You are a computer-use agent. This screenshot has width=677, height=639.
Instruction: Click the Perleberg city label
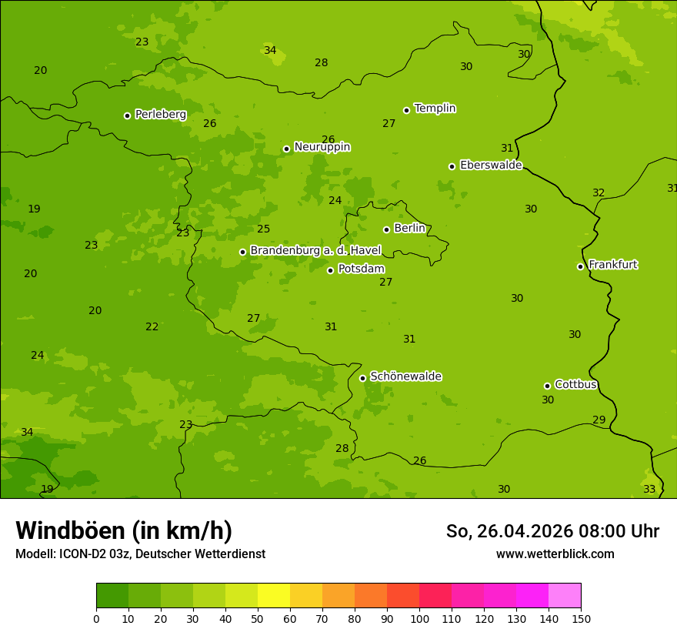click(x=160, y=115)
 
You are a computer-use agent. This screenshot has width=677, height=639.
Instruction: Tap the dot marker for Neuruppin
click(x=286, y=149)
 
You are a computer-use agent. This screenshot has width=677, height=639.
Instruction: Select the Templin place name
click(x=435, y=109)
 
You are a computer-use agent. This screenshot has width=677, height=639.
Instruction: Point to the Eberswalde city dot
click(x=452, y=166)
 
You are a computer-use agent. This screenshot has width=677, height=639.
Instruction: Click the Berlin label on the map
click(x=409, y=229)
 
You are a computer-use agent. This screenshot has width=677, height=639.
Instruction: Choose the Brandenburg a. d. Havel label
click(x=315, y=251)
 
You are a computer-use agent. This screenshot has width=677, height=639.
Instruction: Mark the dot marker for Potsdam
click(x=330, y=270)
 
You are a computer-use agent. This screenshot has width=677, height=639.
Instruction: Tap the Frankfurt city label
click(x=612, y=265)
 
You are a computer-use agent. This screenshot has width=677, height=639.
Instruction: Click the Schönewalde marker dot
click(x=362, y=378)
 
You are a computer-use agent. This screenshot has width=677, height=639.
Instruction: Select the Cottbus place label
click(x=575, y=384)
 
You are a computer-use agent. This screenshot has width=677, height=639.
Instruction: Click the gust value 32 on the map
click(x=599, y=193)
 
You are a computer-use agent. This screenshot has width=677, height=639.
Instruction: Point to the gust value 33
click(x=649, y=490)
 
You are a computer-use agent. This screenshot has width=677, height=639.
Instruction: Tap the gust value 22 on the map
click(x=152, y=327)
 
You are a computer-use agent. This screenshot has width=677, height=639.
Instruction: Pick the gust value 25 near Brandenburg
click(x=264, y=229)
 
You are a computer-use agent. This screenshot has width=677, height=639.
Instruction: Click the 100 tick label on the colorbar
click(x=419, y=618)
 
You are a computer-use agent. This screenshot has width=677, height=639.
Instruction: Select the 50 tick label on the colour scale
click(x=258, y=618)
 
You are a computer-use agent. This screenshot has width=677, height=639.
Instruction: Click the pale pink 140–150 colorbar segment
click(x=565, y=596)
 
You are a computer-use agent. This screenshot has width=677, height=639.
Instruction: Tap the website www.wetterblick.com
click(x=555, y=554)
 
